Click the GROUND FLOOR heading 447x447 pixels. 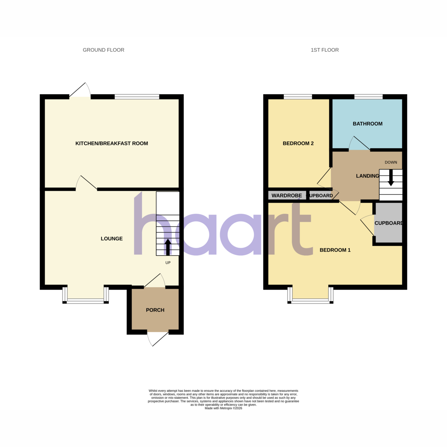pyautogui.click(x=104, y=50)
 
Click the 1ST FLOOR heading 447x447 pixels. pyautogui.click(x=324, y=50)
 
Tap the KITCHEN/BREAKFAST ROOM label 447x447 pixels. pyautogui.click(x=112, y=143)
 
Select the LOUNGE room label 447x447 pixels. pyautogui.click(x=112, y=238)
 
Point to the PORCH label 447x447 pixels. pyautogui.click(x=155, y=310)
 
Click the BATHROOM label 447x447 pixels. pyautogui.click(x=367, y=124)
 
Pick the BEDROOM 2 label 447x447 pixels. pyautogui.click(x=298, y=143)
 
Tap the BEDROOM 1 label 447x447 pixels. pyautogui.click(x=335, y=250)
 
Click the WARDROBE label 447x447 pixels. pyautogui.click(x=287, y=196)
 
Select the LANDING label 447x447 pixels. pyautogui.click(x=367, y=176)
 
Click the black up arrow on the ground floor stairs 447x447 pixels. pyautogui.click(x=168, y=247)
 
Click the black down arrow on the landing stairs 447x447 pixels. pyautogui.click(x=391, y=178)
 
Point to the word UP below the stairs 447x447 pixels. pyautogui.click(x=168, y=263)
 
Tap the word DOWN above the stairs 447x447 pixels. pyautogui.click(x=391, y=162)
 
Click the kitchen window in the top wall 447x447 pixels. pyautogui.click(x=137, y=97)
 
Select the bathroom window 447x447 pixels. pyautogui.click(x=368, y=97)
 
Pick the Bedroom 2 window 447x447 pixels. pyautogui.click(x=298, y=97)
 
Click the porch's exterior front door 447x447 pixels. pyautogui.click(x=158, y=339)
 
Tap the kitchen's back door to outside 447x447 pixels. pyautogui.click(x=80, y=90)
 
